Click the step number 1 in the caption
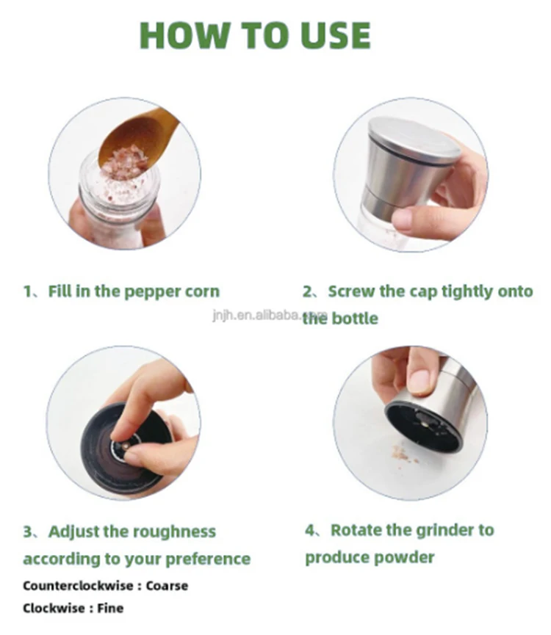(28, 291)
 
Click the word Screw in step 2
(351, 291)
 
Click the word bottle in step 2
(355, 319)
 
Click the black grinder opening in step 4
(424, 427)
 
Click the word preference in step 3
(208, 559)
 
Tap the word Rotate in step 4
(356, 530)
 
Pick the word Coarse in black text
(167, 586)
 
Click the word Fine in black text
(110, 608)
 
